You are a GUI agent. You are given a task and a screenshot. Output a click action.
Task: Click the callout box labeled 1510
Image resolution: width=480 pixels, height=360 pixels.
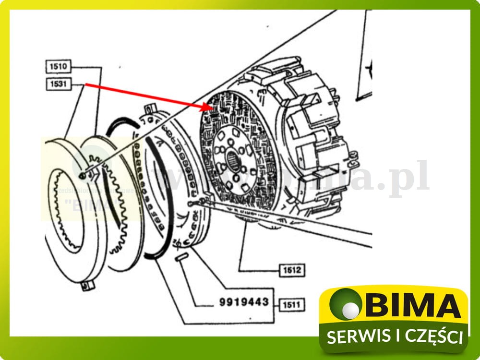58,66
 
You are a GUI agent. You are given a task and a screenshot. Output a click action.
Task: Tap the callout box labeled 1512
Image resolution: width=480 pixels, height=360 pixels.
292,270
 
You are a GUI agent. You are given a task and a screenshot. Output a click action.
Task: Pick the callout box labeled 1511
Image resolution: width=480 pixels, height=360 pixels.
292,304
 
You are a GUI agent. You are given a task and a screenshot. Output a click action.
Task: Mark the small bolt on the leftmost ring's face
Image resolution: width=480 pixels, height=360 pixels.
83,177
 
